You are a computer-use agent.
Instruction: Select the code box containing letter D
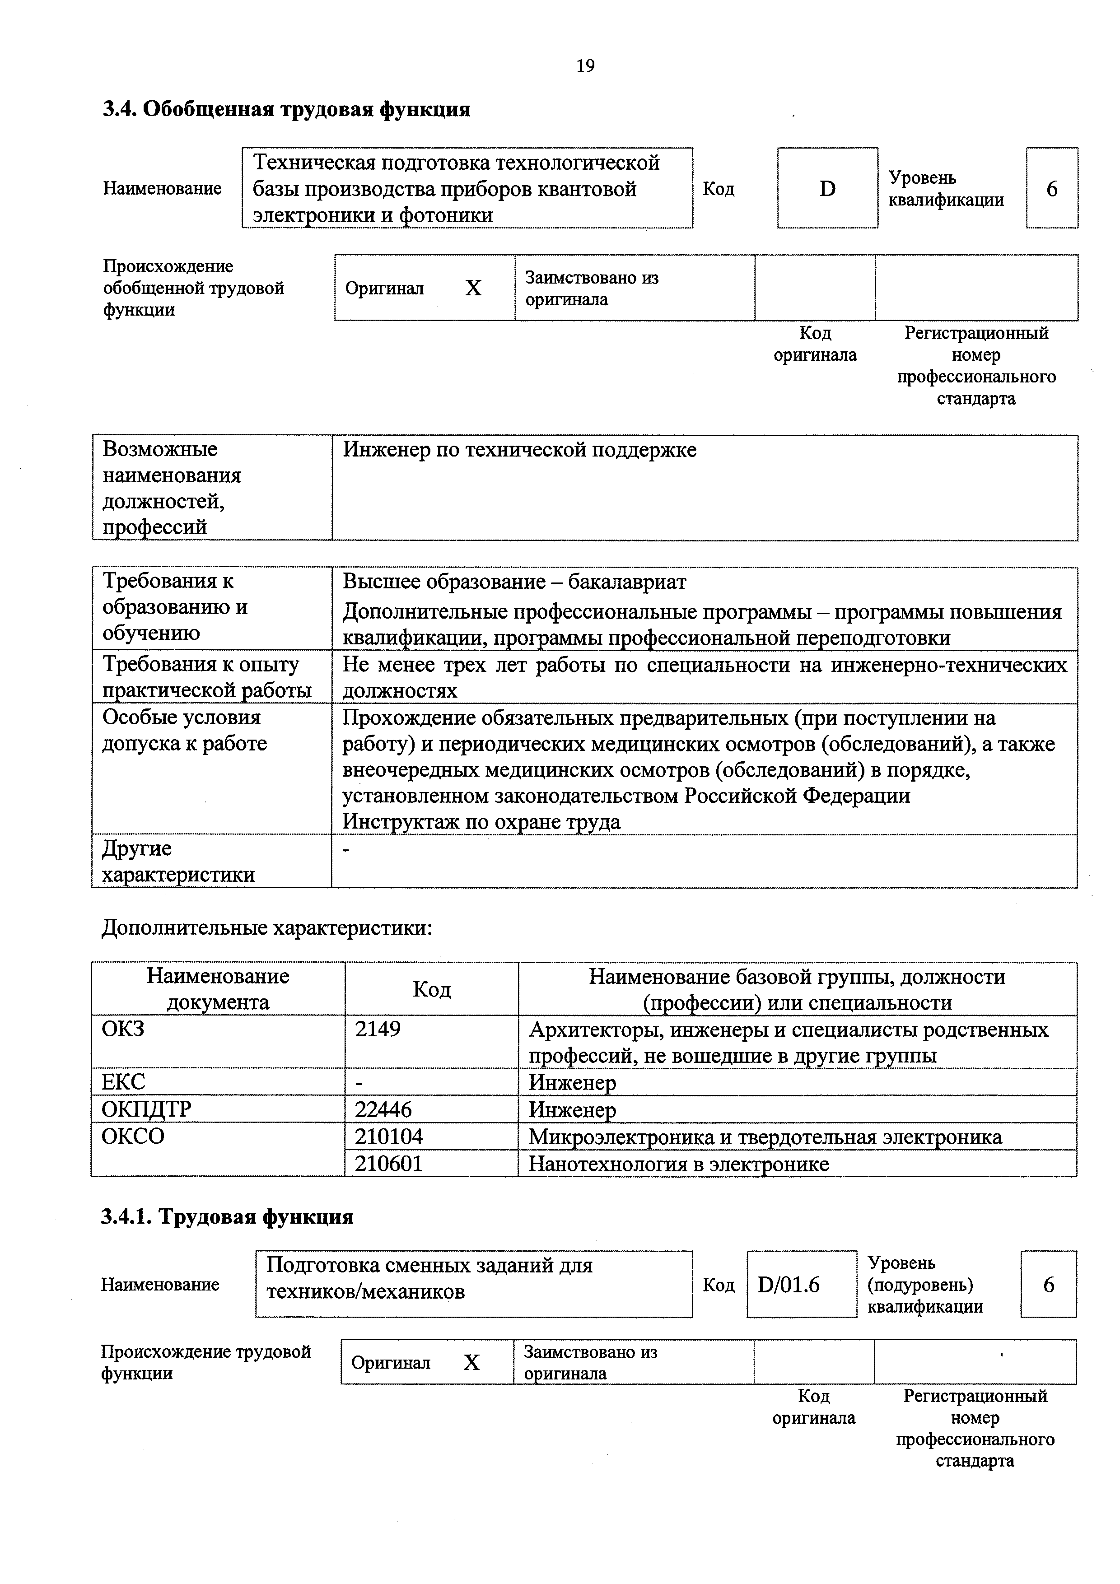(827, 188)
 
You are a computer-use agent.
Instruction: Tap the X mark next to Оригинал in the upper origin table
(473, 288)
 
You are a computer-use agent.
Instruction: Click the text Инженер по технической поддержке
(520, 450)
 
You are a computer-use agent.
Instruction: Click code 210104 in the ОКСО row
(388, 1136)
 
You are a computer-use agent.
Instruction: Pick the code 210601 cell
(388, 1164)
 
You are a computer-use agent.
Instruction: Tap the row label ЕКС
(124, 1082)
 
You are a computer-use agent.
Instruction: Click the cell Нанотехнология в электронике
(678, 1164)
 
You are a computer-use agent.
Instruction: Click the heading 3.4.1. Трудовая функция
(227, 1216)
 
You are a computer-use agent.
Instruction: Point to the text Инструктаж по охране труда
(482, 822)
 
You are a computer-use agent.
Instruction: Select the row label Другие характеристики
(178, 861)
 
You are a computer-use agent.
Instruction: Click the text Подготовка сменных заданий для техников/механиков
(429, 1278)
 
